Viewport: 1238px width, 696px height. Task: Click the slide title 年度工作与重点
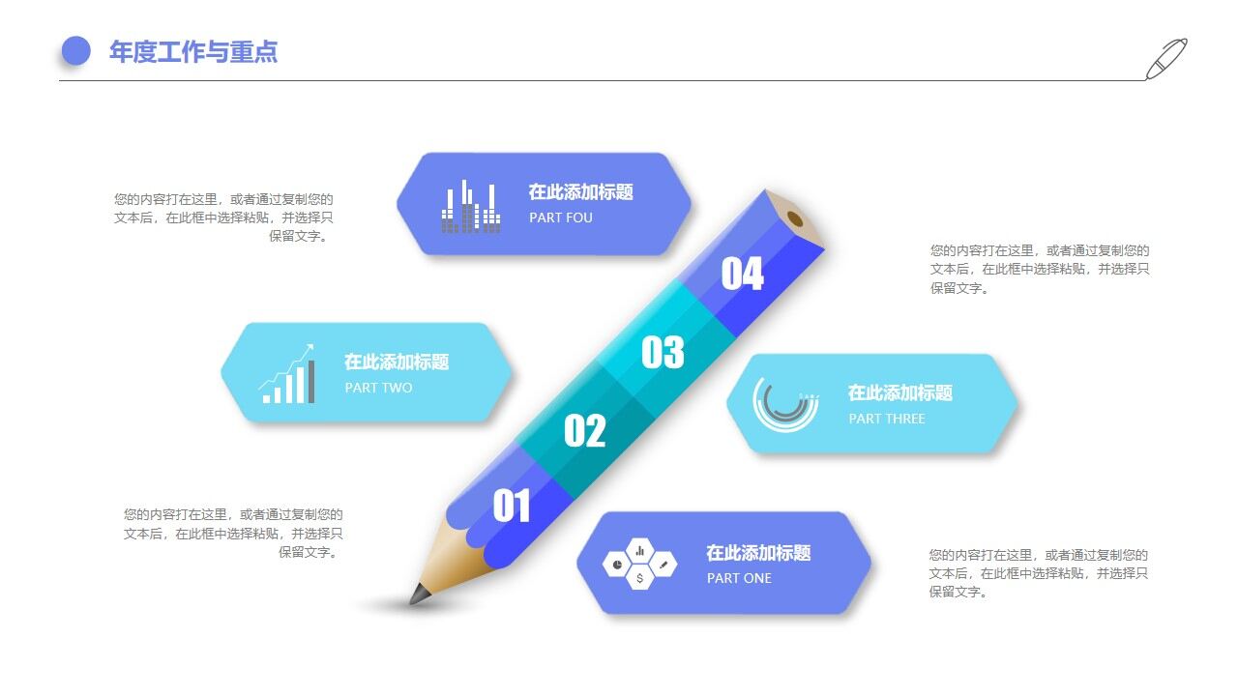193,52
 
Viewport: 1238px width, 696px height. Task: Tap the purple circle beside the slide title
75,51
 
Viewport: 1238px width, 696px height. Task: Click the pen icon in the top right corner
1165,59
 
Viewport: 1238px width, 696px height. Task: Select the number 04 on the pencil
742,275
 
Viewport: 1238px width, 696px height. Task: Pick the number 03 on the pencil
663,353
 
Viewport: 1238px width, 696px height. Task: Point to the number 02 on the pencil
584,431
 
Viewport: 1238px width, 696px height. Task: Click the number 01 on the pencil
512,506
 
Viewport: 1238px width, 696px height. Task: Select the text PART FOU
560,217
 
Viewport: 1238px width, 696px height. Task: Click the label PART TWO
378,388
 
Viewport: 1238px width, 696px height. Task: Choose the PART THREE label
886,419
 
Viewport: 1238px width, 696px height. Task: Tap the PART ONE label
739,578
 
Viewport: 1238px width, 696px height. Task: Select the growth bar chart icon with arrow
287,375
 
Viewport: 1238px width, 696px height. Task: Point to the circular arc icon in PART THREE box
785,403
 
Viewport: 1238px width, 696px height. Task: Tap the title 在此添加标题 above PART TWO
397,362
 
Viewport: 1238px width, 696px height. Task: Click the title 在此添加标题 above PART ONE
758,553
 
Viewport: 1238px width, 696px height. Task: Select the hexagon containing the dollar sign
639,577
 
